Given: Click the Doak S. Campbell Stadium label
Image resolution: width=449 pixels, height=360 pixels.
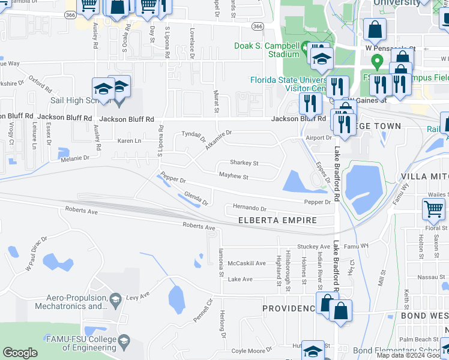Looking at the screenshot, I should (267, 50).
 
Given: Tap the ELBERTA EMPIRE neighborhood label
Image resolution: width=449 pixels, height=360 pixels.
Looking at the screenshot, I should (277, 221).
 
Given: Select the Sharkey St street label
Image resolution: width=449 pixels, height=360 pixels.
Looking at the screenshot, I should (244, 163).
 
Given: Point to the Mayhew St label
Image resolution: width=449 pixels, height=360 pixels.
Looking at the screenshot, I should (234, 177).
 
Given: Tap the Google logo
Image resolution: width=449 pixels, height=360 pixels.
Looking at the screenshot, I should (20, 353).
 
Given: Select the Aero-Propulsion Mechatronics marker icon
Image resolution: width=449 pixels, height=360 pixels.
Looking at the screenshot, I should (115, 298).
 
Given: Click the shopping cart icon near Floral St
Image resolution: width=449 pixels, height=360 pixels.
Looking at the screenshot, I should (433, 209).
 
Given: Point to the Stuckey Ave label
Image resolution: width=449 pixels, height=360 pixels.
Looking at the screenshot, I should (314, 246).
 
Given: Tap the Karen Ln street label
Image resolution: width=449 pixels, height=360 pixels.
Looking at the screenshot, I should (129, 141).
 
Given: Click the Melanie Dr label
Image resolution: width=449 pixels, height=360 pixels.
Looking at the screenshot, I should (74, 158).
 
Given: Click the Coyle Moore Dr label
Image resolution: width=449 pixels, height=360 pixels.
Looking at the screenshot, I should (252, 350).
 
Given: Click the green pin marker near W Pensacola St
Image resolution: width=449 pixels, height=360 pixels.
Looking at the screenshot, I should (377, 61).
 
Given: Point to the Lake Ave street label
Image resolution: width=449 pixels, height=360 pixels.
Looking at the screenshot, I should (240, 280).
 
